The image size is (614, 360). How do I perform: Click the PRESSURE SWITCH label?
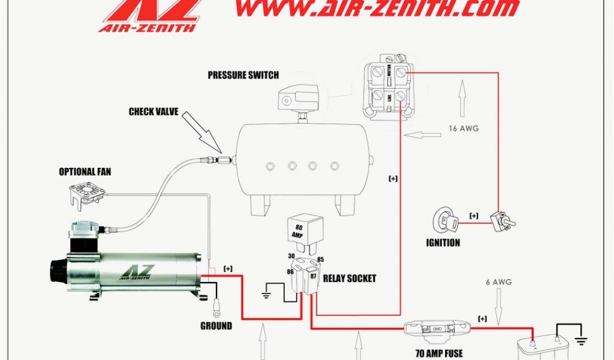[243, 76]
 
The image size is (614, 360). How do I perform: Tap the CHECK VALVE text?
[153, 112]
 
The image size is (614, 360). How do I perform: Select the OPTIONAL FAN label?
[85, 172]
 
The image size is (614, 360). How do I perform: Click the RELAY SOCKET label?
[350, 278]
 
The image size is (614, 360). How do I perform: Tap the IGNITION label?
[443, 243]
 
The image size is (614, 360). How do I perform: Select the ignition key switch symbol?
[446, 222]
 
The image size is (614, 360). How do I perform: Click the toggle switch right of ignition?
[501, 222]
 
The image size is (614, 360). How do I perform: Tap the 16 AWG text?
[463, 128]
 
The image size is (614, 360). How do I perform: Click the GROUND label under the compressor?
[216, 326]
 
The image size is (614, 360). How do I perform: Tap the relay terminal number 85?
[320, 260]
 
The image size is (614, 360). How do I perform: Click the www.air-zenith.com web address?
[377, 8]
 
